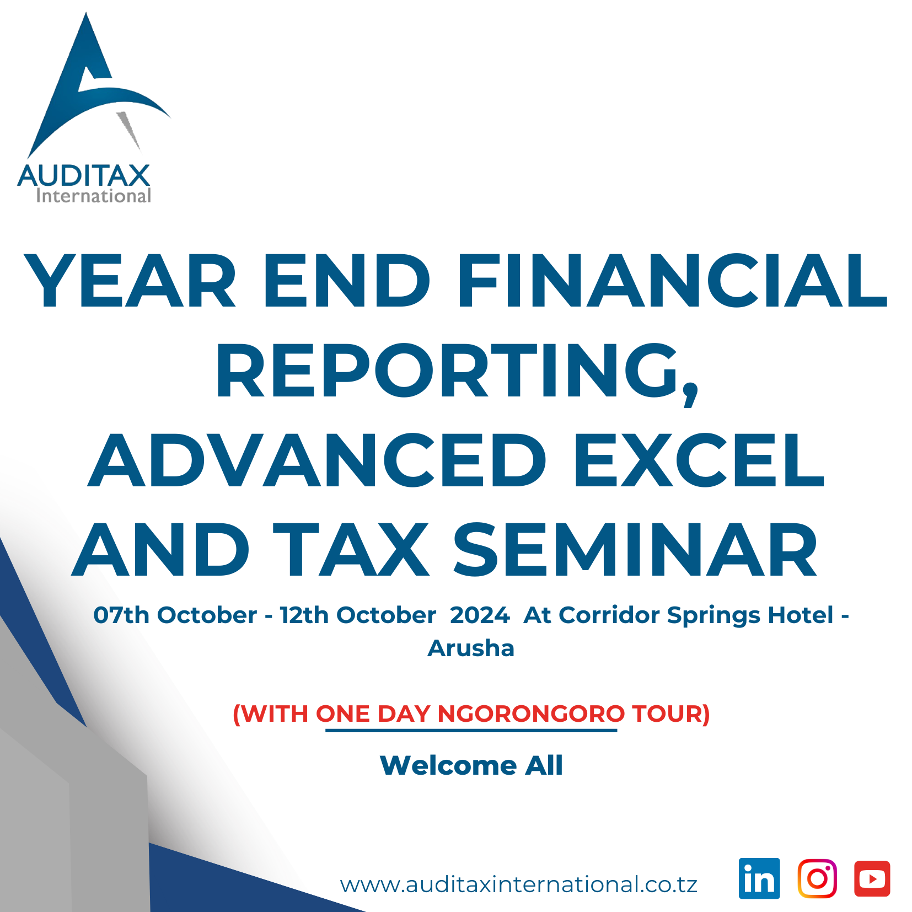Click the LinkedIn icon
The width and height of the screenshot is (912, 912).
[x=759, y=878]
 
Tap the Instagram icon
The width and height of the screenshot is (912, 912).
[x=817, y=878]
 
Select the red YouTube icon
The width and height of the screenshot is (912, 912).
[x=872, y=878]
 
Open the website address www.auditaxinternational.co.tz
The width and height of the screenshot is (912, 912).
[x=519, y=884]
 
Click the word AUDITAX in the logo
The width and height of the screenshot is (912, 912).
[x=84, y=176]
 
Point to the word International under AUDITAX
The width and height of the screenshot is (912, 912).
[x=93, y=196]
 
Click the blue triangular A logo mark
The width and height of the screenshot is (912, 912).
[x=94, y=88]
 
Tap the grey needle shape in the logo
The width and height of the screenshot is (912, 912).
[x=127, y=130]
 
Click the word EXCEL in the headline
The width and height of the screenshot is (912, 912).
[x=699, y=460]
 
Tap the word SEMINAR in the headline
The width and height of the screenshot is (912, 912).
[x=635, y=550]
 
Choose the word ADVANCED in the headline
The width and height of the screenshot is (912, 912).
[x=317, y=460]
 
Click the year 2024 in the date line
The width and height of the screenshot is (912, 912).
[x=480, y=615]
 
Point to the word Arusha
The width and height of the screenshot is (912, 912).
[x=471, y=648]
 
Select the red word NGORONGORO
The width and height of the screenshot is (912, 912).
[x=531, y=713]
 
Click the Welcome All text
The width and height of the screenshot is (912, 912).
[x=471, y=765]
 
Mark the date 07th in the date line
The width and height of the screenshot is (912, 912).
[x=121, y=615]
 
